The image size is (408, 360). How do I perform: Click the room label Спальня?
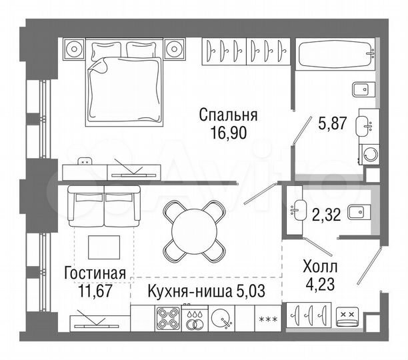coord(227,115)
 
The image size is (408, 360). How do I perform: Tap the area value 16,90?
coord(227,133)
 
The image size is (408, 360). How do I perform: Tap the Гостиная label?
coord(95,272)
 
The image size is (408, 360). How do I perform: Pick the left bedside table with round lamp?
coord(75,49)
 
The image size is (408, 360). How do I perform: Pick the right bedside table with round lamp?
coord(175,49)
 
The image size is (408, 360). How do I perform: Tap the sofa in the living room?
coord(104,204)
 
